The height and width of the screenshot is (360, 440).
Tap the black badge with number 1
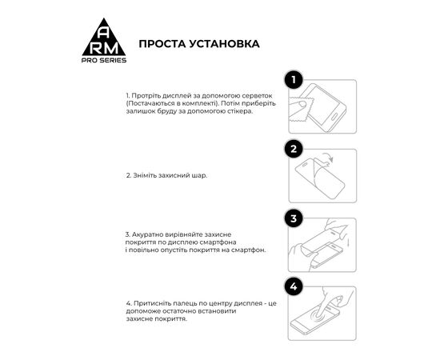click(294, 79)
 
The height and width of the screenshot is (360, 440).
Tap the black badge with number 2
click(294, 149)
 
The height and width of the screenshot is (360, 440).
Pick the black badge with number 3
click(294, 218)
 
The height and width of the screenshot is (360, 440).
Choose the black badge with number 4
click(294, 286)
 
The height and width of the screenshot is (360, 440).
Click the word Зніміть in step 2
click(145, 175)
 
